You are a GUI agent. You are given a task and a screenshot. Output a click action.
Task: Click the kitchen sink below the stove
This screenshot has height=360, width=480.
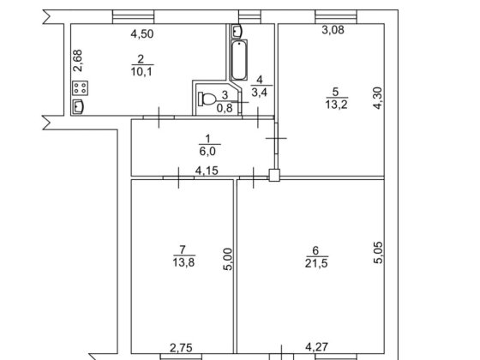pos(79,106)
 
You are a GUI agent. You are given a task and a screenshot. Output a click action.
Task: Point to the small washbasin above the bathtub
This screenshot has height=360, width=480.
pos(237,31)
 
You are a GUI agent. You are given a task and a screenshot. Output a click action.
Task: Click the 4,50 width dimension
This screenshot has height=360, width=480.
pos(141,35)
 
